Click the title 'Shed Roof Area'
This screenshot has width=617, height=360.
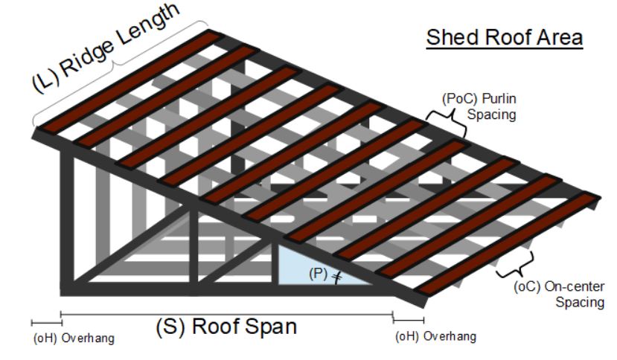[x=504, y=37]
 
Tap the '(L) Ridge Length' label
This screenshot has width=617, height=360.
[x=108, y=46]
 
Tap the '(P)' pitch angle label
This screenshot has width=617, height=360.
[x=318, y=273]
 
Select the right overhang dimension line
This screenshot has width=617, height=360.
[x=408, y=321]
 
